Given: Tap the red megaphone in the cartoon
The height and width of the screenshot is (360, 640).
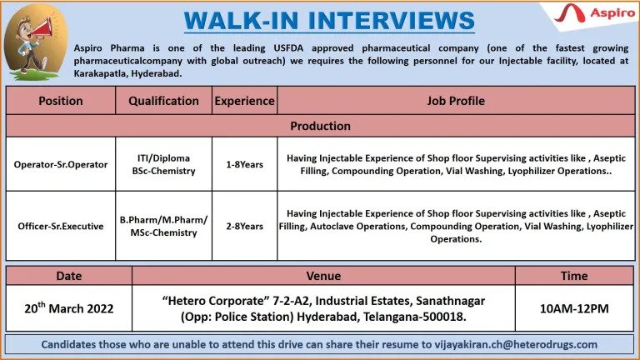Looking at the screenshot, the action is pyautogui.click(x=42, y=28).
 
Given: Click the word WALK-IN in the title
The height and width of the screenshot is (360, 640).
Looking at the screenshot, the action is pyautogui.click(x=241, y=20).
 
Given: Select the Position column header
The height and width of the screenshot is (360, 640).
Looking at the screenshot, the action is pyautogui.click(x=61, y=101).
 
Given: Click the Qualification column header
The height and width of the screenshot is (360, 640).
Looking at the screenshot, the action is pyautogui.click(x=163, y=101).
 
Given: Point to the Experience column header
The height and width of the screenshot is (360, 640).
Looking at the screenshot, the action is pyautogui.click(x=244, y=101).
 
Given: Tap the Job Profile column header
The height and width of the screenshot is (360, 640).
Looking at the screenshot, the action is pyautogui.click(x=456, y=101).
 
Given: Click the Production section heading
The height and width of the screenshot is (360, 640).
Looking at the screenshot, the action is pyautogui.click(x=320, y=126).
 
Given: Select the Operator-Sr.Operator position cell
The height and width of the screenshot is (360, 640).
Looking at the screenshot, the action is pyautogui.click(x=61, y=164).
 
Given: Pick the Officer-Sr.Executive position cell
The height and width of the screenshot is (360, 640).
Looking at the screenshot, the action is pyautogui.click(x=61, y=226).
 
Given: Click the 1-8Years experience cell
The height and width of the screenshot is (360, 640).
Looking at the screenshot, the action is pyautogui.click(x=244, y=164).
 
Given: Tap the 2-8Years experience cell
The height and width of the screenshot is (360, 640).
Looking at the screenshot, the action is pyautogui.click(x=244, y=226).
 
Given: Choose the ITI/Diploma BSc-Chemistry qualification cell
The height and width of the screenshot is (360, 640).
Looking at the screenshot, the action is pyautogui.click(x=163, y=164).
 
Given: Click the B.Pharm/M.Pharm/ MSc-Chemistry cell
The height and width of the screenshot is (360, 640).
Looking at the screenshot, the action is pyautogui.click(x=163, y=226).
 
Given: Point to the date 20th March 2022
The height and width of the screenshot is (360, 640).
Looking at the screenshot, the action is pyautogui.click(x=69, y=307).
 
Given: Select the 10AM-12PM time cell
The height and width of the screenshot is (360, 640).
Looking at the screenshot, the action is pyautogui.click(x=574, y=308).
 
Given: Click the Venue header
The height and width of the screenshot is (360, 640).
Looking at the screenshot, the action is pyautogui.click(x=323, y=276).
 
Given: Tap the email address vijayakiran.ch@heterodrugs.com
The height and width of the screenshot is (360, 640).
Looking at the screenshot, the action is pyautogui.click(x=516, y=344).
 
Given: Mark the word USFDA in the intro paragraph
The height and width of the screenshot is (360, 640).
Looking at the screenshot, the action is pyautogui.click(x=288, y=48).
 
